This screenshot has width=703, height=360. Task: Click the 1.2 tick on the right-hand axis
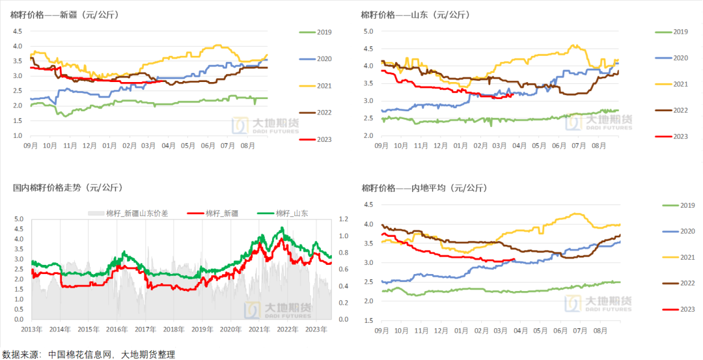[344, 219]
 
